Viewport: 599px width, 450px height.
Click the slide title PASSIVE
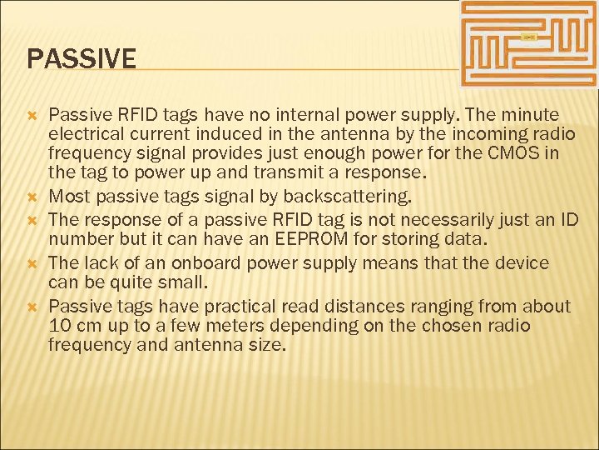click(x=82, y=59)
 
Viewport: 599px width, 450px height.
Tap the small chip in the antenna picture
click(x=528, y=37)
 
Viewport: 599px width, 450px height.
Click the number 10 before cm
click(x=60, y=325)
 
